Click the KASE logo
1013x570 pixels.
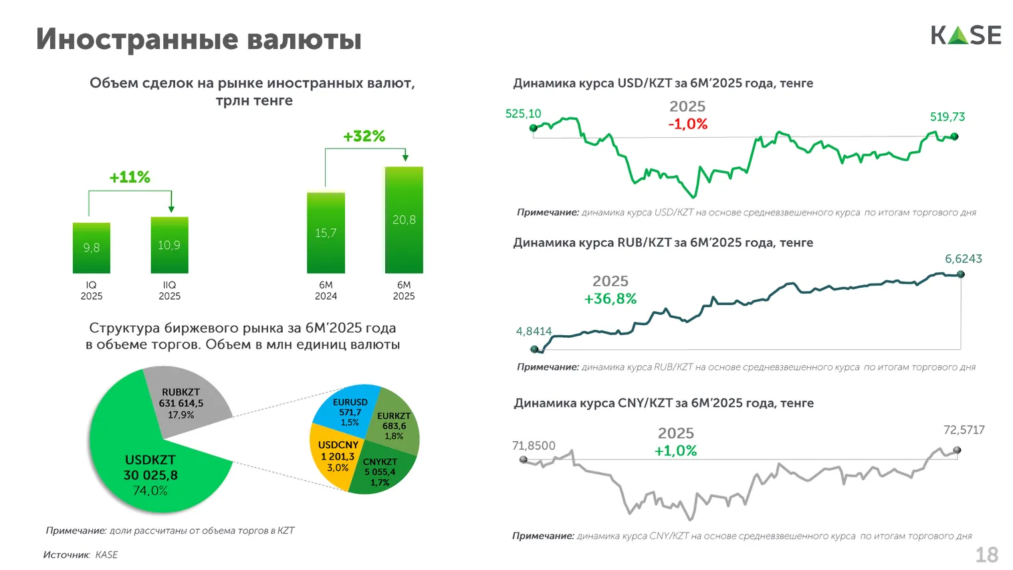pos(966,35)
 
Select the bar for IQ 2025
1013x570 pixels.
pos(92,248)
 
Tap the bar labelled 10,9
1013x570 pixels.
pos(169,245)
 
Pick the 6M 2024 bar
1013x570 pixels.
pos(326,233)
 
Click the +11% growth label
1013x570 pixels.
pos(130,177)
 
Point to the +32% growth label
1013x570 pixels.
pos(364,136)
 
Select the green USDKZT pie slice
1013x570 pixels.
pos(140,468)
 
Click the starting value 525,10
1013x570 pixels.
pos(523,114)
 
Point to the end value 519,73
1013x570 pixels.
pos(947,117)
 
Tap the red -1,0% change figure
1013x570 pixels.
pos(687,124)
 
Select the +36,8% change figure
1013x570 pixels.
pos(610,299)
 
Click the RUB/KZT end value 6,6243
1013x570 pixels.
pos(963,259)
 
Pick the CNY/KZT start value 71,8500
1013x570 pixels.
pos(533,446)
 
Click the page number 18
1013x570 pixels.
pos(986,555)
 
